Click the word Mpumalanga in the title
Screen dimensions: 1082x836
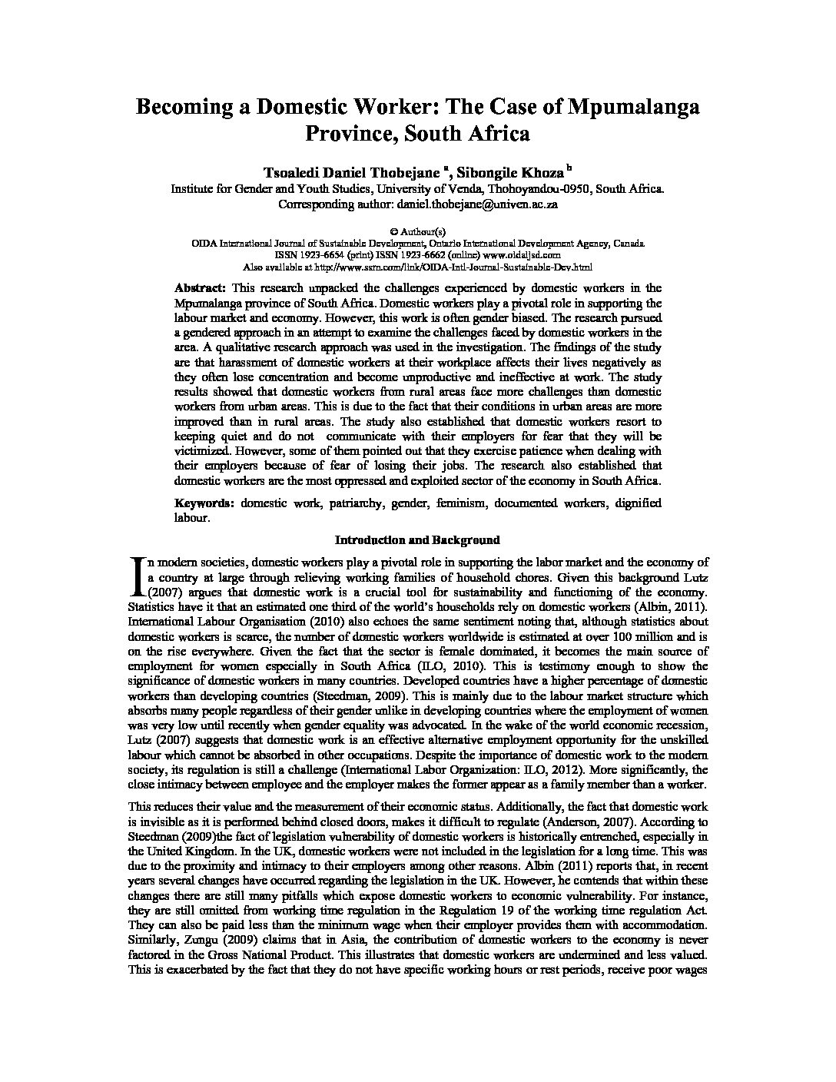[633, 107]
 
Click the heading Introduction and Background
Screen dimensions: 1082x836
[417, 539]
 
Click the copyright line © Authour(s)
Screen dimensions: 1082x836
[417, 231]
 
